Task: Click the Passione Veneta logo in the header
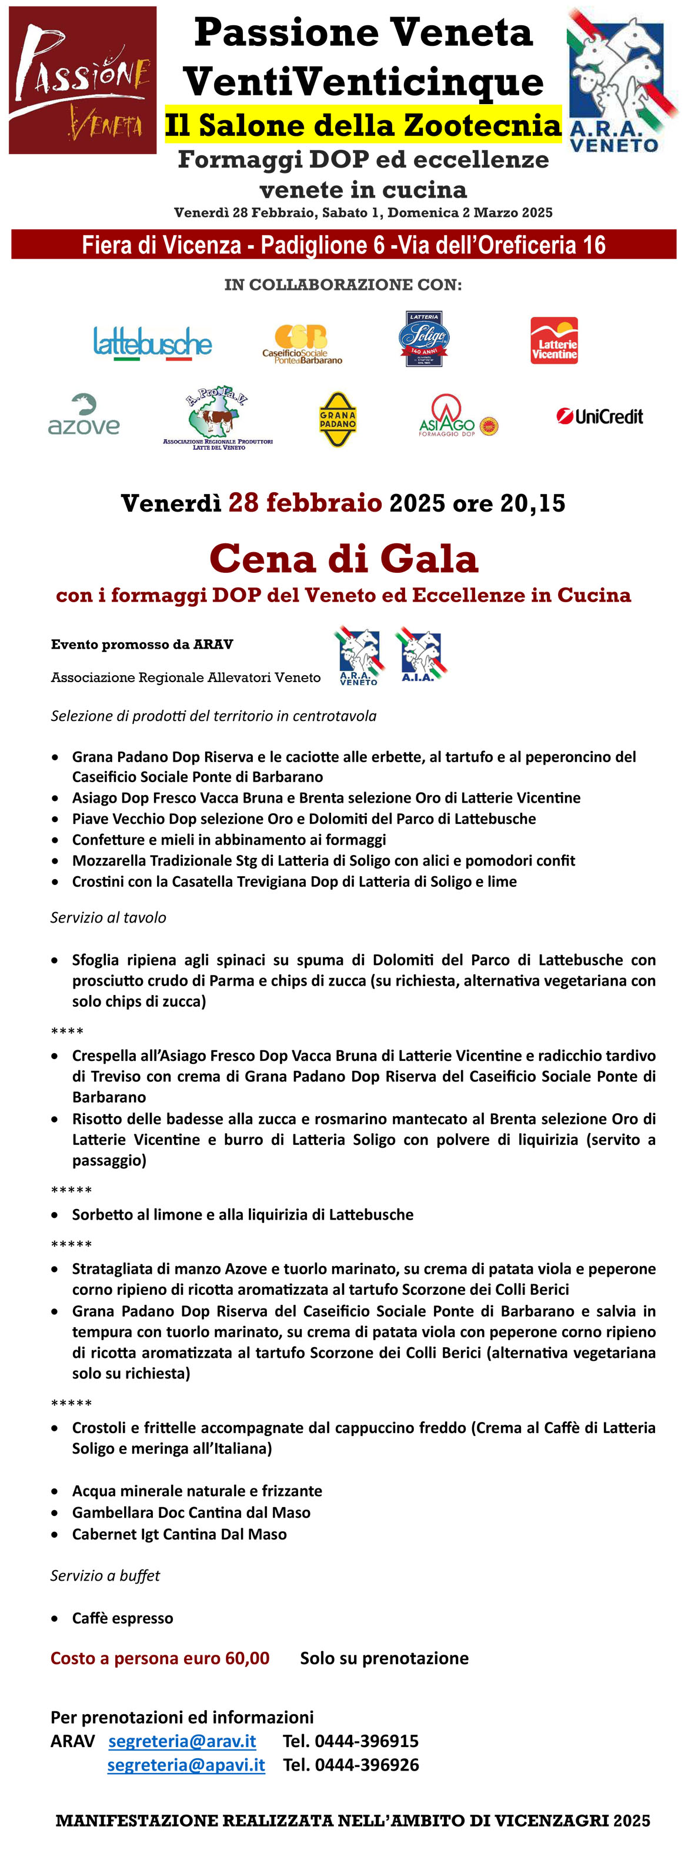tap(82, 79)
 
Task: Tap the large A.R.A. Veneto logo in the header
tap(620, 79)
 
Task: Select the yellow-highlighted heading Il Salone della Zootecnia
tap(362, 125)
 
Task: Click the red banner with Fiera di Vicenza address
tap(343, 245)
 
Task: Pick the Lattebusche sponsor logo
tap(152, 343)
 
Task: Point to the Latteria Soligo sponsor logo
tap(424, 339)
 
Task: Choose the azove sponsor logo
tap(84, 415)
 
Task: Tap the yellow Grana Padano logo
tap(338, 419)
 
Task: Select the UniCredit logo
tap(599, 416)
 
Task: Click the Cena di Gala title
tap(343, 558)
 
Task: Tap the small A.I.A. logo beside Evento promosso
tap(420, 654)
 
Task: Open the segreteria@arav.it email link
tap(182, 1741)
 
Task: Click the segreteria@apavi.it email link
tap(186, 1765)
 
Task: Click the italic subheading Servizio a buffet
tap(105, 1575)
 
